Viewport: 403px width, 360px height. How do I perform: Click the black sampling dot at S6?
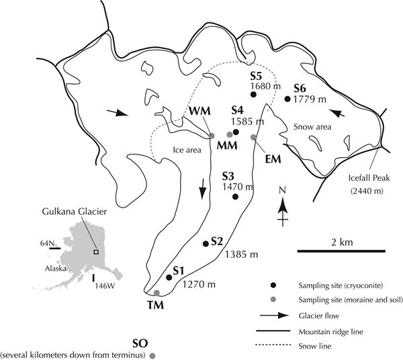(x=287, y=99)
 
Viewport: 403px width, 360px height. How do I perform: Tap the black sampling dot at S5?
(x=253, y=95)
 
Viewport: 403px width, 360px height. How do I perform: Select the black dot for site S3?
(x=235, y=197)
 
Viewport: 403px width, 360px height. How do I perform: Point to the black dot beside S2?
(x=204, y=244)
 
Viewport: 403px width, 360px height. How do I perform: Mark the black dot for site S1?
(x=169, y=277)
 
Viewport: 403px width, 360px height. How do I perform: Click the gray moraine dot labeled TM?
(x=156, y=293)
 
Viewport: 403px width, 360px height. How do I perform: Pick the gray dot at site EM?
(x=253, y=138)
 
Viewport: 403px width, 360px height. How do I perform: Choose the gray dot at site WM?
(x=212, y=136)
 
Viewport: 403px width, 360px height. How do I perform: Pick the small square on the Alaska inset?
(x=97, y=252)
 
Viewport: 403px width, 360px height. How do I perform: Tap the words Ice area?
(x=187, y=150)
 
